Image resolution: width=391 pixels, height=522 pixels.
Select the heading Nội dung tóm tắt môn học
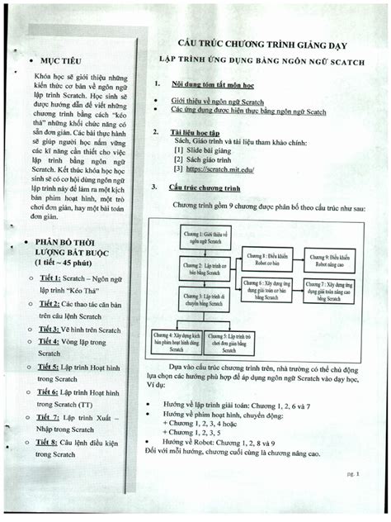tap(213, 85)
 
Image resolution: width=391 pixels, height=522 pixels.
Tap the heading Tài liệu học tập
tap(195, 132)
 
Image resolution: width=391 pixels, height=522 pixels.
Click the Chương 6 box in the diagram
tap(265, 287)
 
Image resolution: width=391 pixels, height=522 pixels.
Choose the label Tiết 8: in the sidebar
tap(51, 444)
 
